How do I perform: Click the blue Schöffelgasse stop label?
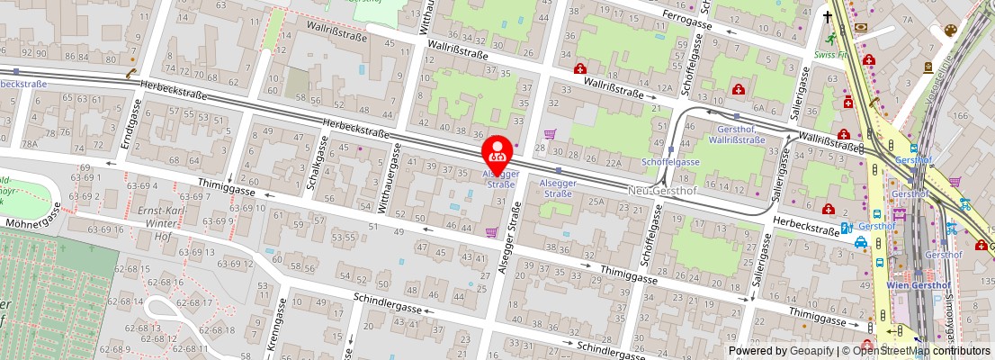click(x=670, y=161)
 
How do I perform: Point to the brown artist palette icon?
click(x=950, y=31)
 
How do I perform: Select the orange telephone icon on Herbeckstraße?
click(x=131, y=75)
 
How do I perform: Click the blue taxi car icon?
click(x=861, y=242)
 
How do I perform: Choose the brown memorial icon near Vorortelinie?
click(x=928, y=67)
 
